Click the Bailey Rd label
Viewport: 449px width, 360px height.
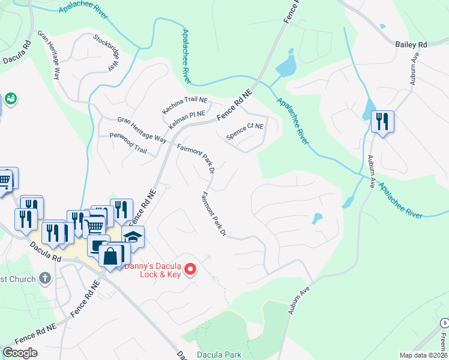tap(411, 44)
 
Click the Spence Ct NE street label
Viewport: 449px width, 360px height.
tap(244, 130)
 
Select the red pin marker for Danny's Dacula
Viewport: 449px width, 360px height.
tap(190, 269)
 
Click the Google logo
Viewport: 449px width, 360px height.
tap(20, 353)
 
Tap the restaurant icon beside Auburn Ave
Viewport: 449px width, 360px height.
tap(382, 122)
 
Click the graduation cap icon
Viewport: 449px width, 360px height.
tap(133, 236)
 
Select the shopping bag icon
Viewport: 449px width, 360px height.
tap(111, 256)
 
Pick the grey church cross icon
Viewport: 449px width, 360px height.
tap(45, 278)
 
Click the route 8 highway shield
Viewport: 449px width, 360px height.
tap(444, 322)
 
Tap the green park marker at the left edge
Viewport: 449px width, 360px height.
tap(10, 98)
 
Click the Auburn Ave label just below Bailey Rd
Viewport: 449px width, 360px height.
tap(415, 70)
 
